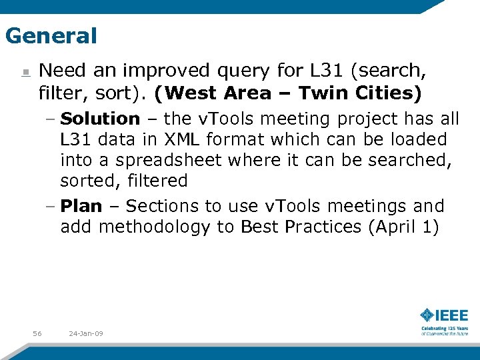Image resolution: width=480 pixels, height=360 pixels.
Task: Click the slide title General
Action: [51, 35]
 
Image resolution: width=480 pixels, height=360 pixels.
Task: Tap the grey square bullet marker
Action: [25, 72]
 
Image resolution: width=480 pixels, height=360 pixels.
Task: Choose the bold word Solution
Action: [100, 119]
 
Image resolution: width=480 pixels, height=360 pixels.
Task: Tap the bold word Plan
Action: [81, 206]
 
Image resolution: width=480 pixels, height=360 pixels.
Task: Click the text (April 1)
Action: [403, 227]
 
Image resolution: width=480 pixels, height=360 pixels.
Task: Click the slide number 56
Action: [37, 333]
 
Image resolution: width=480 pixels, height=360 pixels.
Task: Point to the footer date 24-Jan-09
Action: [85, 333]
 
